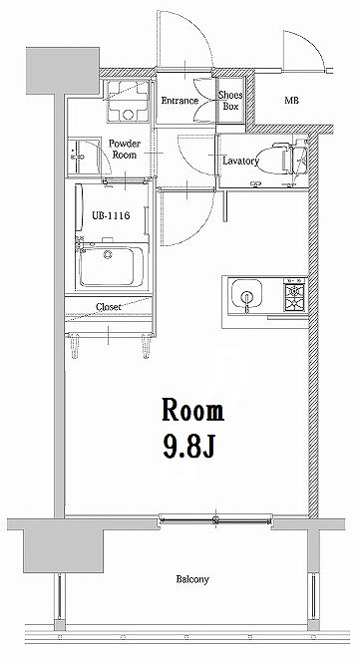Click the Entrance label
pyautogui.click(x=180, y=101)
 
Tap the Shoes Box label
pyautogui.click(x=230, y=101)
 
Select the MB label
pyautogui.click(x=291, y=101)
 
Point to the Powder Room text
pyautogui.click(x=126, y=149)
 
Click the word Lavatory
pyautogui.click(x=241, y=161)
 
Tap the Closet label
pyautogui.click(x=109, y=307)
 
